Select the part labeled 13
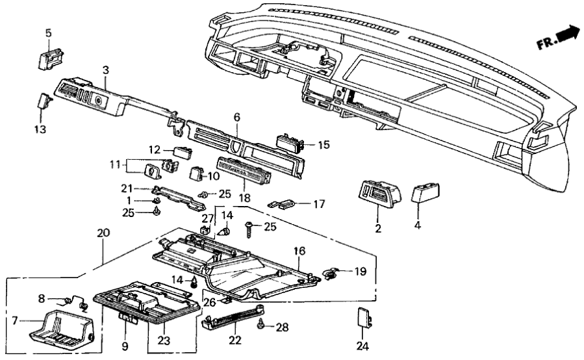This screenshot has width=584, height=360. pos(44,102)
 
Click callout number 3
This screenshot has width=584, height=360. pos(105,70)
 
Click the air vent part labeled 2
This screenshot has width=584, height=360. pos(374,192)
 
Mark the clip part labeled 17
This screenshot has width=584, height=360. pos(281,203)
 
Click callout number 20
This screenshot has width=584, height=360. pos(101,232)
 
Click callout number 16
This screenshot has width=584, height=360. pos(299,250)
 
